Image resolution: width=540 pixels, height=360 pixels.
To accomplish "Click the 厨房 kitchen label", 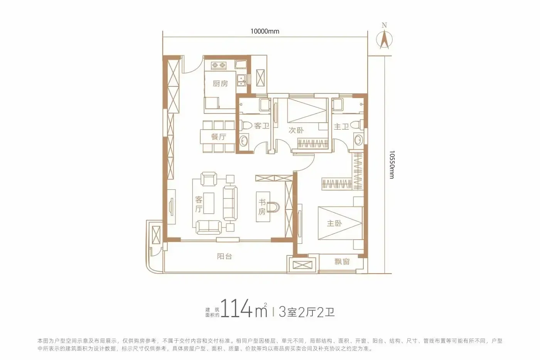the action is (220, 84).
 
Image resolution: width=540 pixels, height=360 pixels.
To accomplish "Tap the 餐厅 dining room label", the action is (219, 137).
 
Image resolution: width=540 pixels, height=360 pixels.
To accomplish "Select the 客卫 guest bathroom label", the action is (262, 126).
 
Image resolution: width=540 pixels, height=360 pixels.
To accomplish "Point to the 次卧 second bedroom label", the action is (296, 130).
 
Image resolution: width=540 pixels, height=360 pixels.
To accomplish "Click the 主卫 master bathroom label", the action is (341, 126).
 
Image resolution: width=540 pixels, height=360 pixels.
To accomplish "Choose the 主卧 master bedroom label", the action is (334, 223).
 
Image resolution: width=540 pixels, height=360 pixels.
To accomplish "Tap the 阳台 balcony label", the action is (224, 256).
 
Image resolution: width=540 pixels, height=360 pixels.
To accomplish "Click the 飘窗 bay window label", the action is (342, 262).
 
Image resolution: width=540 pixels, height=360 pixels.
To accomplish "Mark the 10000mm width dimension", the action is (265, 31).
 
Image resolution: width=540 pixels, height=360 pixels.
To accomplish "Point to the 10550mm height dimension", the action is (392, 165).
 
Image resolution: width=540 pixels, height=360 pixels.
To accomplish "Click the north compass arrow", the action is (384, 39).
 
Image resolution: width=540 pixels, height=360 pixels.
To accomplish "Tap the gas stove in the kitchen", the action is (219, 65).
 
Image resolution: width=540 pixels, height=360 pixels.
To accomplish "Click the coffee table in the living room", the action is (209, 203).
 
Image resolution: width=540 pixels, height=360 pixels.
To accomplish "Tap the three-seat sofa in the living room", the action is (230, 203).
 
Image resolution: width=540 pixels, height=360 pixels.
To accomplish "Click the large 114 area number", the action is (236, 308).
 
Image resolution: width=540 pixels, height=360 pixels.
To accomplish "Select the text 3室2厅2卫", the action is (306, 312).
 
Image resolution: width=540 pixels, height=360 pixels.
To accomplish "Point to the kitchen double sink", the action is (241, 80).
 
